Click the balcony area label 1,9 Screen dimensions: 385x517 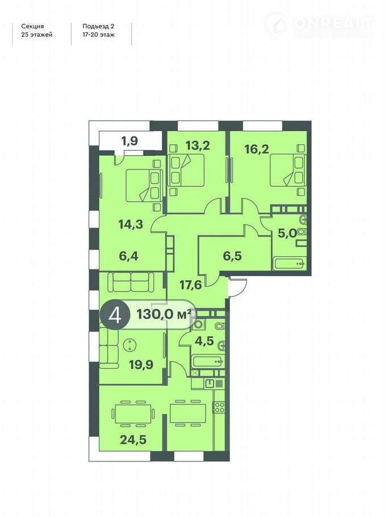129,141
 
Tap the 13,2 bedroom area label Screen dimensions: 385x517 198,145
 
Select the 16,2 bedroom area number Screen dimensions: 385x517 257,149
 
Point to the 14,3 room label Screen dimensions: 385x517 131,224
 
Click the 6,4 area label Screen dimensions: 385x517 128,256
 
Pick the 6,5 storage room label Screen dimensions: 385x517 232,256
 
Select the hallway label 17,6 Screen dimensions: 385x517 191,284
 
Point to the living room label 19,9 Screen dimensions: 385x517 141,365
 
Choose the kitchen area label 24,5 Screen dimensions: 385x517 133,439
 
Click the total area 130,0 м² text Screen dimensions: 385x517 164,314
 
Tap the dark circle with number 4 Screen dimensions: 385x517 114,315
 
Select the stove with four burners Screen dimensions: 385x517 219,407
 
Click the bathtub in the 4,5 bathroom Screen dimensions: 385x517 208,362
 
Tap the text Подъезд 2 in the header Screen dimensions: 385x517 98,26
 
